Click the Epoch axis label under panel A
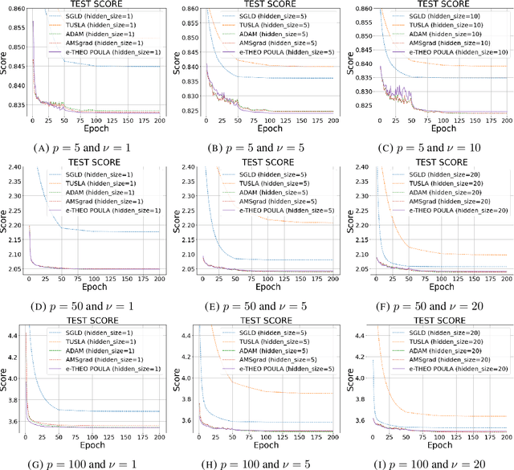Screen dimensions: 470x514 [96, 127]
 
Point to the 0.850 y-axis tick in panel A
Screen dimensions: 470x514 [11, 47]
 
